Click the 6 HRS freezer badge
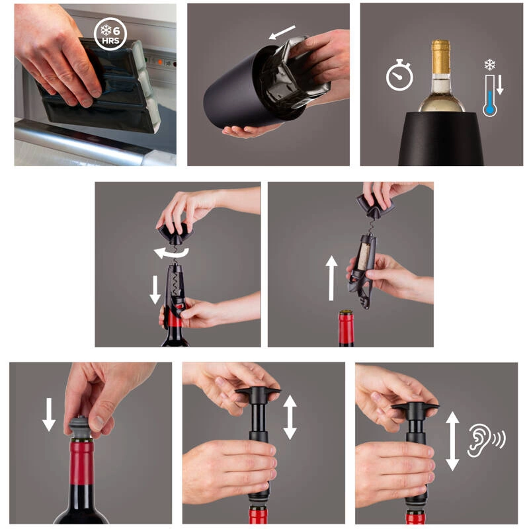coord(110,34)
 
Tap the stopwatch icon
coord(399,75)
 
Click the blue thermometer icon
coord(489,96)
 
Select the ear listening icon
coord(486,440)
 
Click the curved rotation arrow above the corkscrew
coord(171,253)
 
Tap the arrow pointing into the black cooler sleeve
coord(282,32)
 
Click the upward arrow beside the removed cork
coord(331,278)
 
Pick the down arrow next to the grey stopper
coord(49,415)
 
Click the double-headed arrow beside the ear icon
coord(452,441)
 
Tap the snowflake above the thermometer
coord(489,64)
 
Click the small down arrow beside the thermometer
coord(500,85)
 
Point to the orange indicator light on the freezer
coord(160,62)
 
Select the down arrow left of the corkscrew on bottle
coord(155,290)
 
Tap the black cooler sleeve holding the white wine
coord(440,139)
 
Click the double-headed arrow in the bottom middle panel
coord(290,417)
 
